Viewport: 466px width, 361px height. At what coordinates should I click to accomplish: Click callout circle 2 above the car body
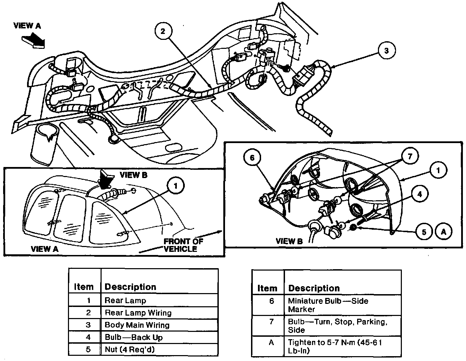(163, 31)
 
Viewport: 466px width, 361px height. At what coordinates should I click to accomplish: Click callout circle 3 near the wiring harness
(387, 51)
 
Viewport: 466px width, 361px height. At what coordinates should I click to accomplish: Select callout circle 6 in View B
(252, 158)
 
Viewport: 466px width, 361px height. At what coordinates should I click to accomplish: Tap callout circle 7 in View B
(410, 156)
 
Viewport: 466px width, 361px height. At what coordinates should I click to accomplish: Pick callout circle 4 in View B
(420, 194)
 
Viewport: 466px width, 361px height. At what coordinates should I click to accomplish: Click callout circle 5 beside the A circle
(424, 232)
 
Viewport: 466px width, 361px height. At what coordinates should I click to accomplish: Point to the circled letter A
(443, 232)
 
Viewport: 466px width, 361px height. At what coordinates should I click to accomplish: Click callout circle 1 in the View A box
(176, 186)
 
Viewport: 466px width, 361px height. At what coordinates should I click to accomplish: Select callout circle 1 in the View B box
(438, 170)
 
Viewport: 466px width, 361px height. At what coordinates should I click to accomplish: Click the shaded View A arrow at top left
(34, 41)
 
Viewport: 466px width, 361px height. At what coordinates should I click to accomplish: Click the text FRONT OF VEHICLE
(183, 245)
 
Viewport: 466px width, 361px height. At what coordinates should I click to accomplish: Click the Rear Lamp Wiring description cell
(159, 313)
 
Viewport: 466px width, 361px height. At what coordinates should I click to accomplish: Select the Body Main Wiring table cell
(159, 325)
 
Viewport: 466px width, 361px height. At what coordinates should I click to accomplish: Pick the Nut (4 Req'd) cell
(159, 350)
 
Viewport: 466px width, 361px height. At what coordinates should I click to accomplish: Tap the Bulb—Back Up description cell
(159, 337)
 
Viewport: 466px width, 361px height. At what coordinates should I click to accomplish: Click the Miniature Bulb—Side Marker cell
(343, 305)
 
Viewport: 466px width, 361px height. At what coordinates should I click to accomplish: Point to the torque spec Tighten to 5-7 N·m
(343, 346)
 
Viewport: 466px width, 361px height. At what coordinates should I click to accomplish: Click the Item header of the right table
(267, 288)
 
